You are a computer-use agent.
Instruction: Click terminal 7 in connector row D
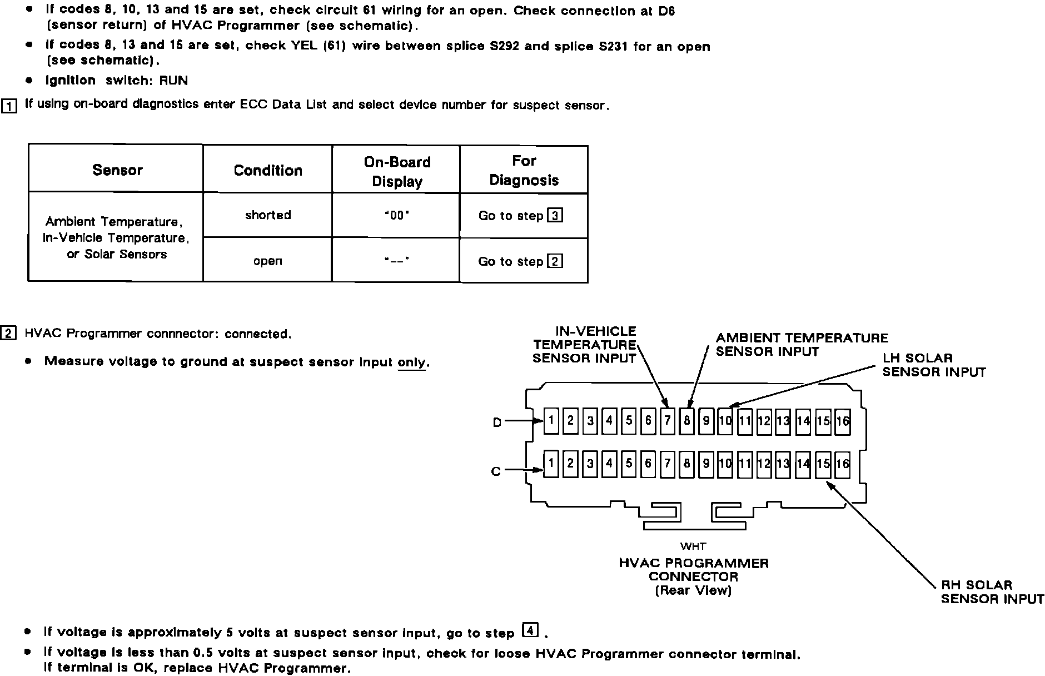667,420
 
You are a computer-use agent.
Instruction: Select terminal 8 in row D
686,420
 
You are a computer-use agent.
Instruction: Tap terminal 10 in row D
725,420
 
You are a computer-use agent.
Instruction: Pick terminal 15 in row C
823,464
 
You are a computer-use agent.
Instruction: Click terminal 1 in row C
551,463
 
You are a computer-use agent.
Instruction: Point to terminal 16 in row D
843,420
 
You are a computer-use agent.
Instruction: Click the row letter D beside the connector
497,422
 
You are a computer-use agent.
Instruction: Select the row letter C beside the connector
496,471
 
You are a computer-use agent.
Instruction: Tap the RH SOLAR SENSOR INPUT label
992,591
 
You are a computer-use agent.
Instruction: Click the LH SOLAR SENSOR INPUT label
934,365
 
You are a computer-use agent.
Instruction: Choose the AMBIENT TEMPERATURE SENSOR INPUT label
802,345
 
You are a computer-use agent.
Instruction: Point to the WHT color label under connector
693,546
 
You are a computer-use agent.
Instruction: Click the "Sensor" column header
117,170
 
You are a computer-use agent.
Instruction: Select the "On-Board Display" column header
397,171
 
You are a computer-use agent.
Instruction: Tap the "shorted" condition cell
268,215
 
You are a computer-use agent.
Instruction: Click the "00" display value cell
397,216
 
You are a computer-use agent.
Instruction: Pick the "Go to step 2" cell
521,261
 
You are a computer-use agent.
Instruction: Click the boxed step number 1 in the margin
9,106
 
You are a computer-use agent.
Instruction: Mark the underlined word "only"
412,362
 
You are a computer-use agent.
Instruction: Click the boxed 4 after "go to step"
531,630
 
